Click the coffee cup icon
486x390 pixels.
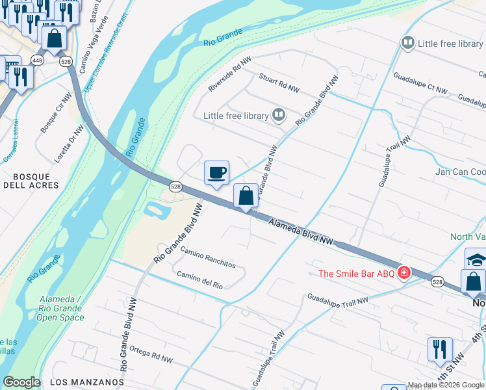(x=216, y=173)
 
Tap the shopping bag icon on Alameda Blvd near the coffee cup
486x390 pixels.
(x=246, y=196)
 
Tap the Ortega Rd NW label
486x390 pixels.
(x=151, y=354)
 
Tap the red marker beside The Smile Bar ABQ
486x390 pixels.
(x=404, y=272)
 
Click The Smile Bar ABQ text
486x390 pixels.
(x=356, y=273)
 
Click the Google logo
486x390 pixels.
(x=21, y=382)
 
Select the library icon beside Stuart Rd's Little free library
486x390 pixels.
(x=279, y=116)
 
